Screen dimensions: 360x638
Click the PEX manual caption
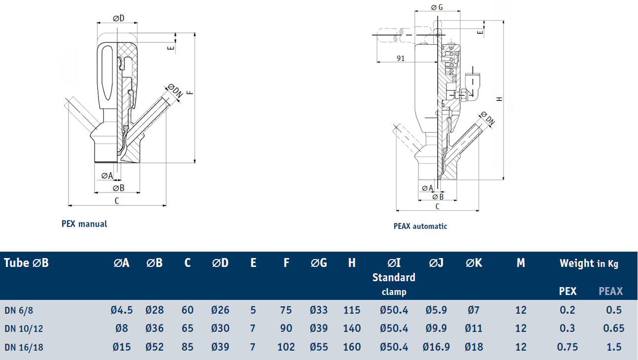[x=84, y=224]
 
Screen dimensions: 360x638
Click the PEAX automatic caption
[x=420, y=226]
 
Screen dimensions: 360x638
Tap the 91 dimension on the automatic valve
[x=401, y=58]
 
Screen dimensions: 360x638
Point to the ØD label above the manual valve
[x=118, y=18]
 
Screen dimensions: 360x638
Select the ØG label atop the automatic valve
[x=437, y=7]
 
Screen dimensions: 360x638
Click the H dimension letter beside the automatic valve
[x=499, y=99]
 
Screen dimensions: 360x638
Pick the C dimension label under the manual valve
[x=117, y=200]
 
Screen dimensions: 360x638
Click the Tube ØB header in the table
[x=27, y=263]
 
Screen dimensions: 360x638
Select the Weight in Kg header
[x=589, y=263]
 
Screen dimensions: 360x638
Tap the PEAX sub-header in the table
[x=610, y=291]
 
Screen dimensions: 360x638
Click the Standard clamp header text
[x=394, y=284]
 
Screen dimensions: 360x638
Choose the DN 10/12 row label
[x=24, y=328]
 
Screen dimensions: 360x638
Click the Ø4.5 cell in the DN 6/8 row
[x=122, y=310]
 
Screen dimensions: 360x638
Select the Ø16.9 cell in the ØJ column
[x=436, y=347]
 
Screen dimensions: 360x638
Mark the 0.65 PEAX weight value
[x=614, y=328]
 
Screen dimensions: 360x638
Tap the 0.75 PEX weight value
[x=568, y=347]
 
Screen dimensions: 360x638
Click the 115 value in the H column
[x=352, y=310]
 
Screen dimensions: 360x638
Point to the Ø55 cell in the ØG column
[x=319, y=347]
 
